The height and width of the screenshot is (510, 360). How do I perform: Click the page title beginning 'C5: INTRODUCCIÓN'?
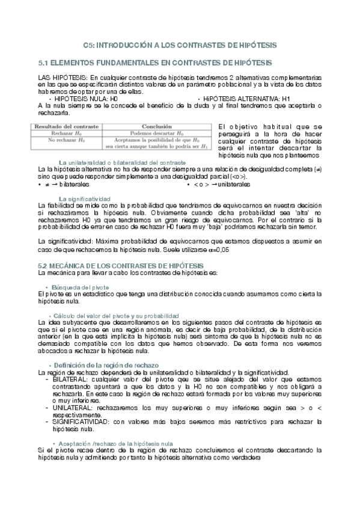(180, 45)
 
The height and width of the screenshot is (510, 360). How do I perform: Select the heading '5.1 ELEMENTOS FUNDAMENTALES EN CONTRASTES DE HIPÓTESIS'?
(154, 63)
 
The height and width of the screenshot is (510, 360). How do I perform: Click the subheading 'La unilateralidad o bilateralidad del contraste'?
(122, 163)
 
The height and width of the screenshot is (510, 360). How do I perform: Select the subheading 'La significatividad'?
(85, 198)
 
